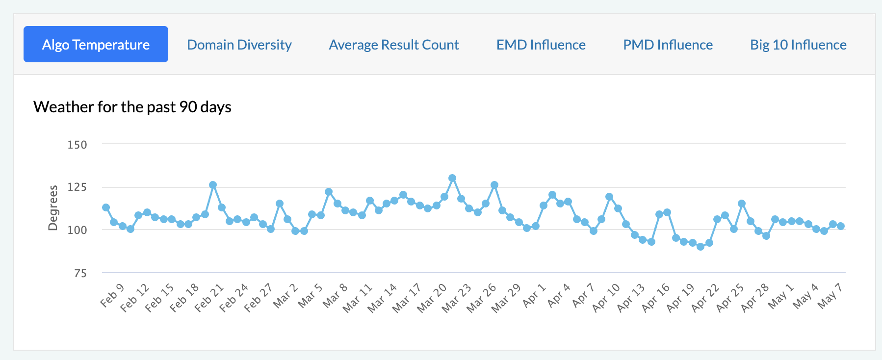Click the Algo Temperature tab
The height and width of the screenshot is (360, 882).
coord(96,45)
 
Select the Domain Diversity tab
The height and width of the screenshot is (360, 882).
coord(239,45)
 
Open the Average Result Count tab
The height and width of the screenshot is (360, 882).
coord(394,45)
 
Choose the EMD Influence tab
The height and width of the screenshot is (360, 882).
coord(541,45)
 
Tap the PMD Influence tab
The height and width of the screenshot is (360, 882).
coord(668,45)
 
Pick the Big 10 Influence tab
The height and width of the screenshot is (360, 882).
coord(798,45)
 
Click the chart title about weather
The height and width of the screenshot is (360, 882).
coord(132,107)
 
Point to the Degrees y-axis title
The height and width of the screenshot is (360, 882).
coord(53,207)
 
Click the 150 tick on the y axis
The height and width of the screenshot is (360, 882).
coord(77,145)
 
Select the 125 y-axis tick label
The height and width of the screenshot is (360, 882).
coord(77,187)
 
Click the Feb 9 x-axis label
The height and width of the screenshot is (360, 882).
coord(112,295)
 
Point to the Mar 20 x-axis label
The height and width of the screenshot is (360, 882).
coord(432,298)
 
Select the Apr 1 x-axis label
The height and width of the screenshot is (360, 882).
coord(534,296)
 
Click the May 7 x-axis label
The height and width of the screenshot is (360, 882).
coord(830,296)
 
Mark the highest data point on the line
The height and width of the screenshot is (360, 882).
coord(452,178)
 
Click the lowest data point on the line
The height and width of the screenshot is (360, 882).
coord(700,247)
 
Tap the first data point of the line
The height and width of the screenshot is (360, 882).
coord(106,207)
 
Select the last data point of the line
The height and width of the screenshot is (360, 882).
coord(841,226)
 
